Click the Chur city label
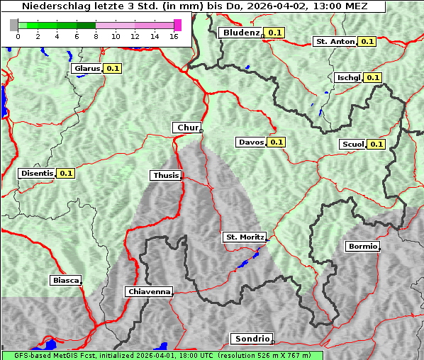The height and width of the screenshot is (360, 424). click(187, 128)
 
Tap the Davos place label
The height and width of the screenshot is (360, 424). click(251, 142)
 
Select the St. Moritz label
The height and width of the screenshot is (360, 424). click(244, 237)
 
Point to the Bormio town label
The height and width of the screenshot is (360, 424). click(362, 247)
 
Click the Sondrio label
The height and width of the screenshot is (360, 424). click(250, 339)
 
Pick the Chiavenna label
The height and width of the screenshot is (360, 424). click(148, 291)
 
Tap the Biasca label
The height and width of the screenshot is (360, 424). click(65, 280)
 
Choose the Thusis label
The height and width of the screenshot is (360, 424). click(166, 175)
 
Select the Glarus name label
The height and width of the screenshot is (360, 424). click(87, 69)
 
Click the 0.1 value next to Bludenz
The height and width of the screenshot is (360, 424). click(274, 33)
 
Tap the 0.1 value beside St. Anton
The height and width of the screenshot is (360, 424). click(367, 41)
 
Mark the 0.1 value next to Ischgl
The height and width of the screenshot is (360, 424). click(373, 77)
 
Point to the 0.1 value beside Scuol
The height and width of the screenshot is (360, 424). click(376, 144)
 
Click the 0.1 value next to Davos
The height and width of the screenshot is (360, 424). click(276, 142)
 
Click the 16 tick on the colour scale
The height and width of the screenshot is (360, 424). click(174, 35)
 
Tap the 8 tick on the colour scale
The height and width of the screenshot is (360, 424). click(96, 35)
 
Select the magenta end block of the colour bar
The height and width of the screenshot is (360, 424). click(177, 25)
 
